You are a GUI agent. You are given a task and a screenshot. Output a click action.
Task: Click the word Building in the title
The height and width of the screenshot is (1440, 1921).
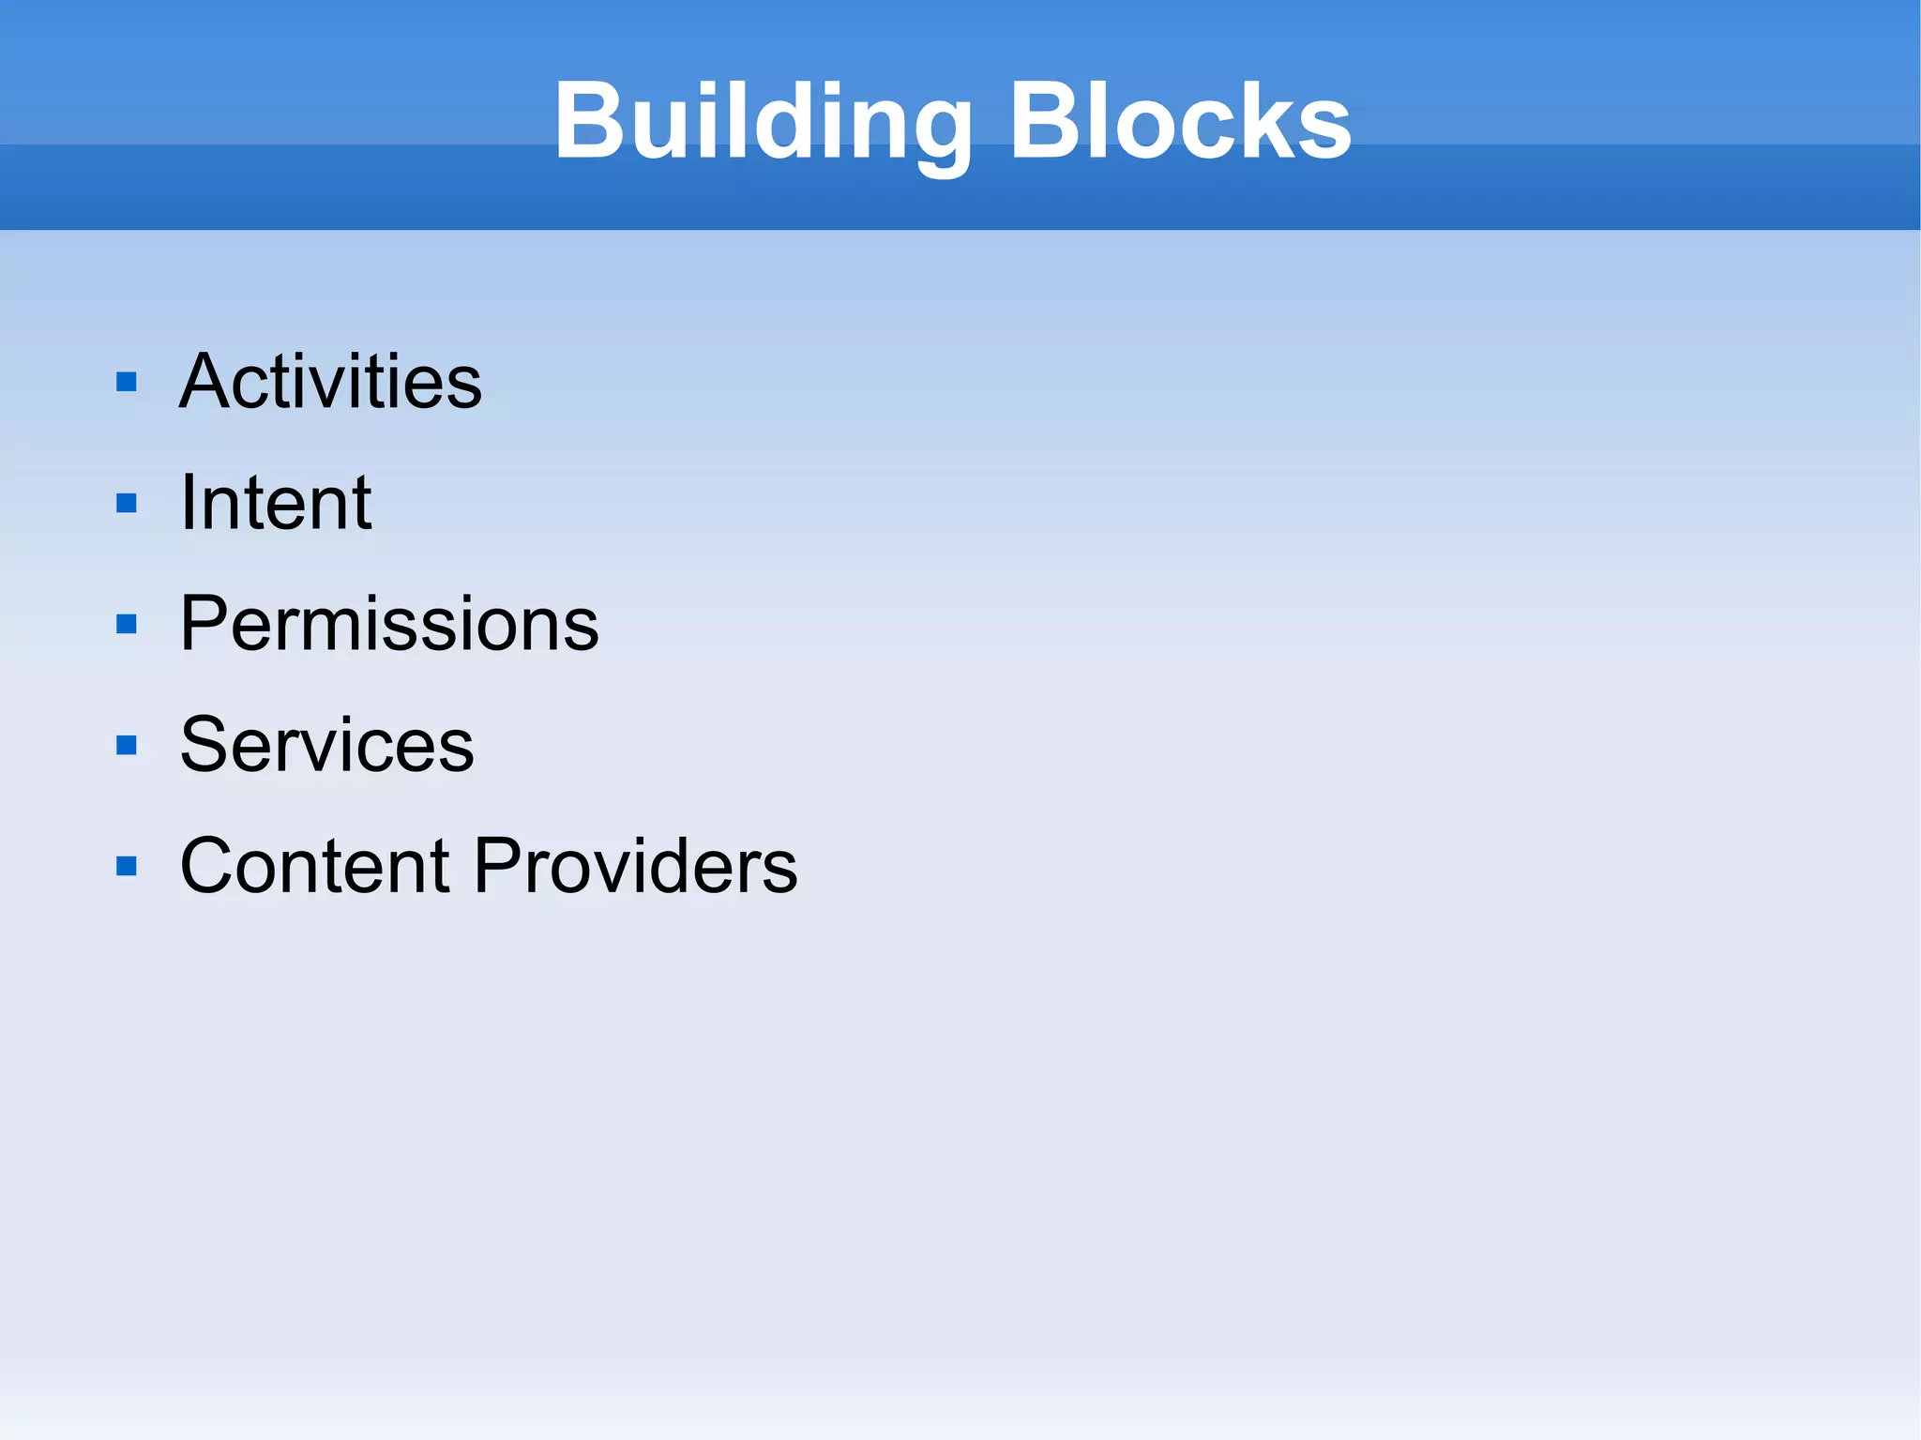[x=763, y=122]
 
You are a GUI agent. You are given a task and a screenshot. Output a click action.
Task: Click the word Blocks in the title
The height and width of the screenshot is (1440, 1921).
[x=1179, y=122]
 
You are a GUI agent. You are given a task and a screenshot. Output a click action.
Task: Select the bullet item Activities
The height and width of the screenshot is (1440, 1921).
[x=330, y=382]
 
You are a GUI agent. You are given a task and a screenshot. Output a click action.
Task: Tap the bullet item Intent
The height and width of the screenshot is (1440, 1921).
[x=276, y=503]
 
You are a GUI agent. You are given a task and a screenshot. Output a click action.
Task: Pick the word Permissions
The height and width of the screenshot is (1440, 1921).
[x=388, y=624]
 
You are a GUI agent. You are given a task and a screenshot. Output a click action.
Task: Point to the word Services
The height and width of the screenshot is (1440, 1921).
[x=326, y=745]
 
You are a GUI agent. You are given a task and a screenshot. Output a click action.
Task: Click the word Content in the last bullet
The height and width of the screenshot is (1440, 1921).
[x=314, y=866]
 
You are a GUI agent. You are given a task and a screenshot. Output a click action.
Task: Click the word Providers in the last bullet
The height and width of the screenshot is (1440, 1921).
[x=635, y=866]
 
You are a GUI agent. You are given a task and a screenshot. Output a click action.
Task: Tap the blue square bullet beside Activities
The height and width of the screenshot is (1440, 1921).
[x=127, y=382]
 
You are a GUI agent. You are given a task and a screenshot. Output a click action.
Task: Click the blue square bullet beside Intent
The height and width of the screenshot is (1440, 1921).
[x=127, y=504]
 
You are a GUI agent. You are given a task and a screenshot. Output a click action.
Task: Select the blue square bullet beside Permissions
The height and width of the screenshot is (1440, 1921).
[x=127, y=625]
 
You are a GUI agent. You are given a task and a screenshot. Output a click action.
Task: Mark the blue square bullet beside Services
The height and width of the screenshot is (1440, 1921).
[x=127, y=746]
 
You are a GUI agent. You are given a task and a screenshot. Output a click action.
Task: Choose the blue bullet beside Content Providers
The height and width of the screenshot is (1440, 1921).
[x=127, y=866]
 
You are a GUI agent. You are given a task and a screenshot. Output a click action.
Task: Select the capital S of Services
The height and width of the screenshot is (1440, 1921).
[x=205, y=745]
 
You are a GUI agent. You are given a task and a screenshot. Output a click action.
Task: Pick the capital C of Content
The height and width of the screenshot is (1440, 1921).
[x=210, y=866]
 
